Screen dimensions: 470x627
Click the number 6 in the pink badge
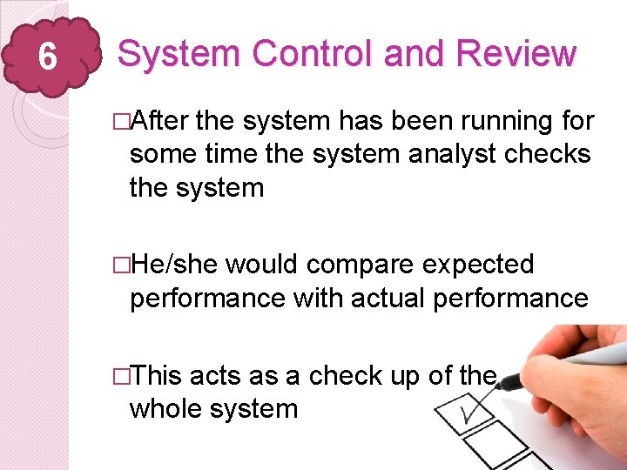click(48, 57)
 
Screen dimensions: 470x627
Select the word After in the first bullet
click(163, 121)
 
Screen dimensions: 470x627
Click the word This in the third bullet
click(156, 375)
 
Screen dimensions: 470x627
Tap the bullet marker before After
click(122, 121)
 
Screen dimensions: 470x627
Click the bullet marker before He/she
click(122, 265)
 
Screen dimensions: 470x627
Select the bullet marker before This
click(122, 376)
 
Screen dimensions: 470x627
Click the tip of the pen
click(502, 384)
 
